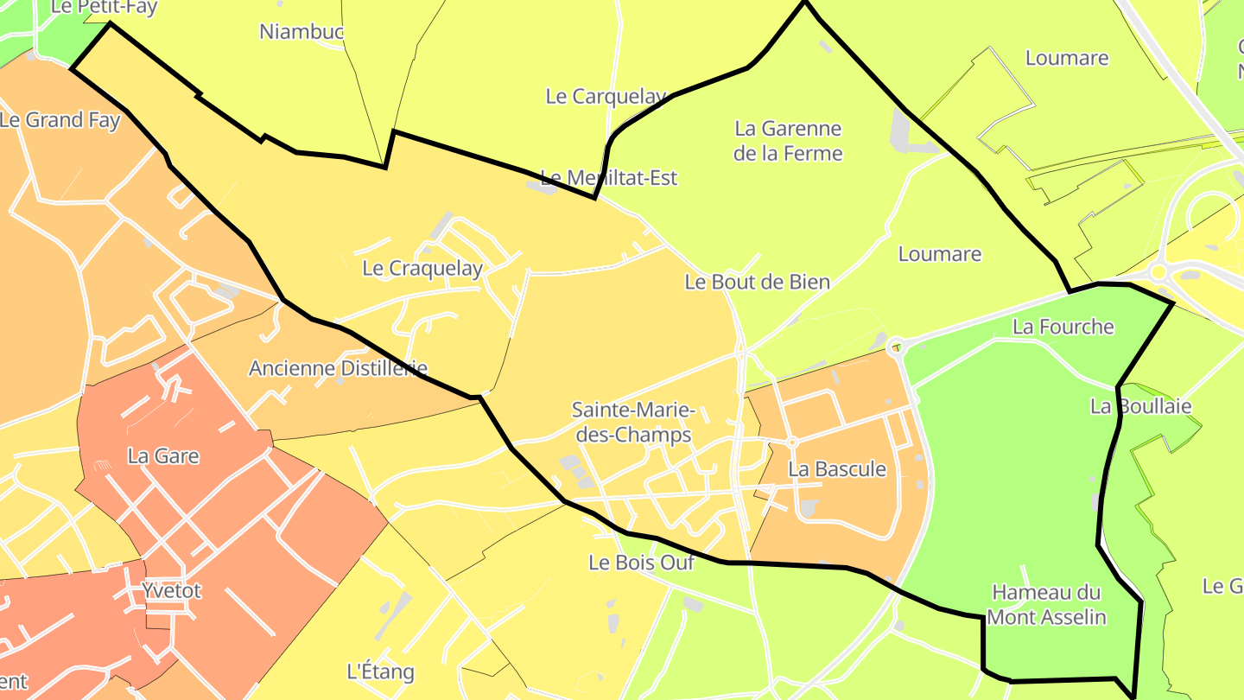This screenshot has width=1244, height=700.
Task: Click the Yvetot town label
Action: [171, 591]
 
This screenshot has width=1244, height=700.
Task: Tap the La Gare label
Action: [163, 456]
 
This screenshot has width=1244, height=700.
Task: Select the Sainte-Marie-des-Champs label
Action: [633, 423]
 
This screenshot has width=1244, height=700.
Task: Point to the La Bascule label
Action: [837, 469]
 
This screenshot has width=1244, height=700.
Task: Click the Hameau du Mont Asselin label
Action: [1046, 605]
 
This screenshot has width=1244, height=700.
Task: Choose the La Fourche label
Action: [1063, 328]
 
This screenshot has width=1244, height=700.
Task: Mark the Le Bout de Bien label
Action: [757, 282]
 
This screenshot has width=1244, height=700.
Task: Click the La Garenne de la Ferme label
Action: [788, 141]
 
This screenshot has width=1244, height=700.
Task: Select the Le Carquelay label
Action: [606, 97]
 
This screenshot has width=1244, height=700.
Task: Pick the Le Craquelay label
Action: [422, 269]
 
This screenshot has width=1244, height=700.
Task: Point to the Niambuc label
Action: [301, 32]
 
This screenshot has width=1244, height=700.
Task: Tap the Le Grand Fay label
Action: [60, 120]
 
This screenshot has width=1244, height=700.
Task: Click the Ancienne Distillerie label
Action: [338, 368]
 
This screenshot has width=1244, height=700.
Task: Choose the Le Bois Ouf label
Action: [641, 563]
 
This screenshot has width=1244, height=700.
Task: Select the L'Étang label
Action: [380, 671]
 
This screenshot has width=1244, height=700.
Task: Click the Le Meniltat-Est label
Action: [609, 178]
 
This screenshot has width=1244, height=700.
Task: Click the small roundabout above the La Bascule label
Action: [791, 442]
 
